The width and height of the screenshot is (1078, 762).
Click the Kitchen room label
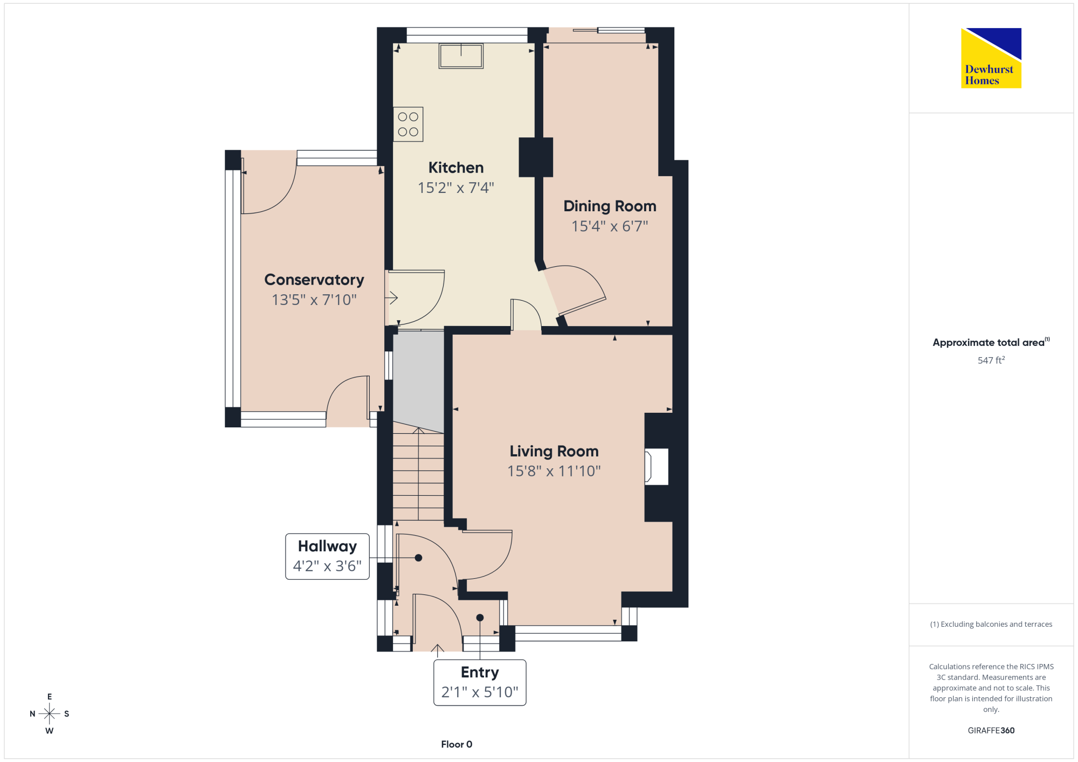click(456, 168)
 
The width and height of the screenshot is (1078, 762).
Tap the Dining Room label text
click(610, 206)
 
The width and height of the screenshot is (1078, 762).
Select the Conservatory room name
click(314, 280)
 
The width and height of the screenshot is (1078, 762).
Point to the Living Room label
click(554, 451)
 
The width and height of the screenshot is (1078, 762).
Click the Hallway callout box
click(327, 556)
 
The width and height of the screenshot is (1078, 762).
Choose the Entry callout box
click(480, 682)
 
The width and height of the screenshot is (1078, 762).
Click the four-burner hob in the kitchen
click(408, 124)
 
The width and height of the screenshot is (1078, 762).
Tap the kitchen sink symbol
click(461, 56)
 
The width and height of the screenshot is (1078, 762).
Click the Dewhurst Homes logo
click(991, 58)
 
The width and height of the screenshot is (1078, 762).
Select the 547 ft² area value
click(991, 360)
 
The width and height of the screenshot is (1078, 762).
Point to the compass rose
click(49, 713)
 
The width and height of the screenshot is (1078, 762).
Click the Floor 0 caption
click(457, 744)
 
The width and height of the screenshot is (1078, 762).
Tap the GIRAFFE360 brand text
click(991, 730)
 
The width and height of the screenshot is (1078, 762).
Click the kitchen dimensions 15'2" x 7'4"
click(456, 188)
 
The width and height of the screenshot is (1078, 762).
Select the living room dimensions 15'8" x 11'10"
click(554, 471)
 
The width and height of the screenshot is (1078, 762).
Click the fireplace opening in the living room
click(657, 467)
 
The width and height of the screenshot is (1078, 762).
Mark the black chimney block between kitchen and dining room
click(536, 157)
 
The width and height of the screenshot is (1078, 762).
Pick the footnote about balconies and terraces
click(991, 624)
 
